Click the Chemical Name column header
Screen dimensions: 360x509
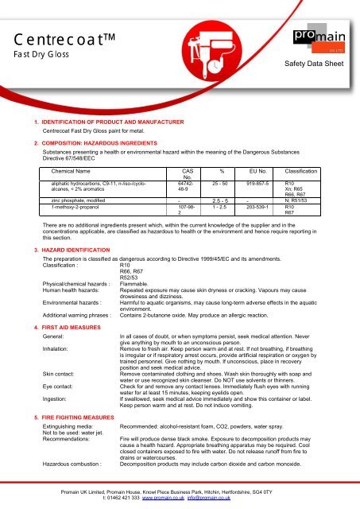(x=75, y=171)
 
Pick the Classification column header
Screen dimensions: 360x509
(x=302, y=171)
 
